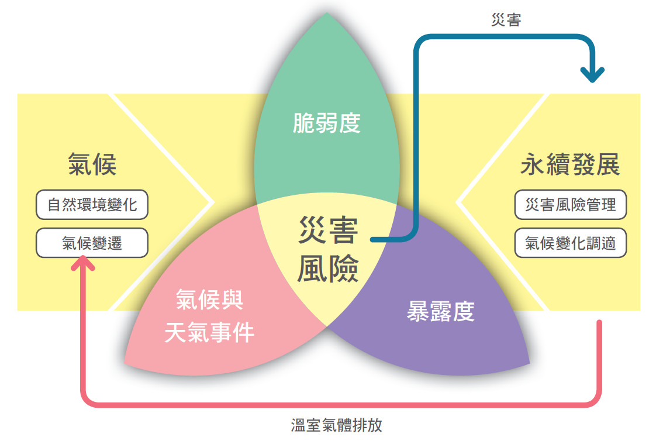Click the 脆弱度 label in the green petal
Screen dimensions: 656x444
(x=326, y=123)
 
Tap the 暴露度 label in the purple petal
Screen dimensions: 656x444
(x=440, y=311)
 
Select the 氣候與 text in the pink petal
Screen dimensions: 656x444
(x=209, y=300)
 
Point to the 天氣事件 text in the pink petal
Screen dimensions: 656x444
(x=209, y=333)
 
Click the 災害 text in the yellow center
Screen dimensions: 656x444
(x=328, y=230)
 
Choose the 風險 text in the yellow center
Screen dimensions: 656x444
(x=328, y=269)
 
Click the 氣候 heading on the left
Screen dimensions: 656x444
(x=92, y=164)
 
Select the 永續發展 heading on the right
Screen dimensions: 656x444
(x=570, y=164)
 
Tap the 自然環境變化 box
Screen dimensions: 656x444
(x=92, y=205)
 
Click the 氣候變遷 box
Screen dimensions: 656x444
(x=92, y=243)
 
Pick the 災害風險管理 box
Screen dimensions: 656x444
(x=570, y=205)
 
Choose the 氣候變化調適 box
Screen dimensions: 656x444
(x=570, y=243)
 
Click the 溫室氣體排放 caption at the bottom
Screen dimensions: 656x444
(x=336, y=425)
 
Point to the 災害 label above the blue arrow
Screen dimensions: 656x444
(x=506, y=20)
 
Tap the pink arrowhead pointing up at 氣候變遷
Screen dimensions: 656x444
(x=83, y=263)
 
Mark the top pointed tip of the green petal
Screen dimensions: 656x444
(x=327, y=12)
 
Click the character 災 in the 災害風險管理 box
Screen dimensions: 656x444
(x=533, y=205)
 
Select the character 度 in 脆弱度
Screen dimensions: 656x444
(x=349, y=123)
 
